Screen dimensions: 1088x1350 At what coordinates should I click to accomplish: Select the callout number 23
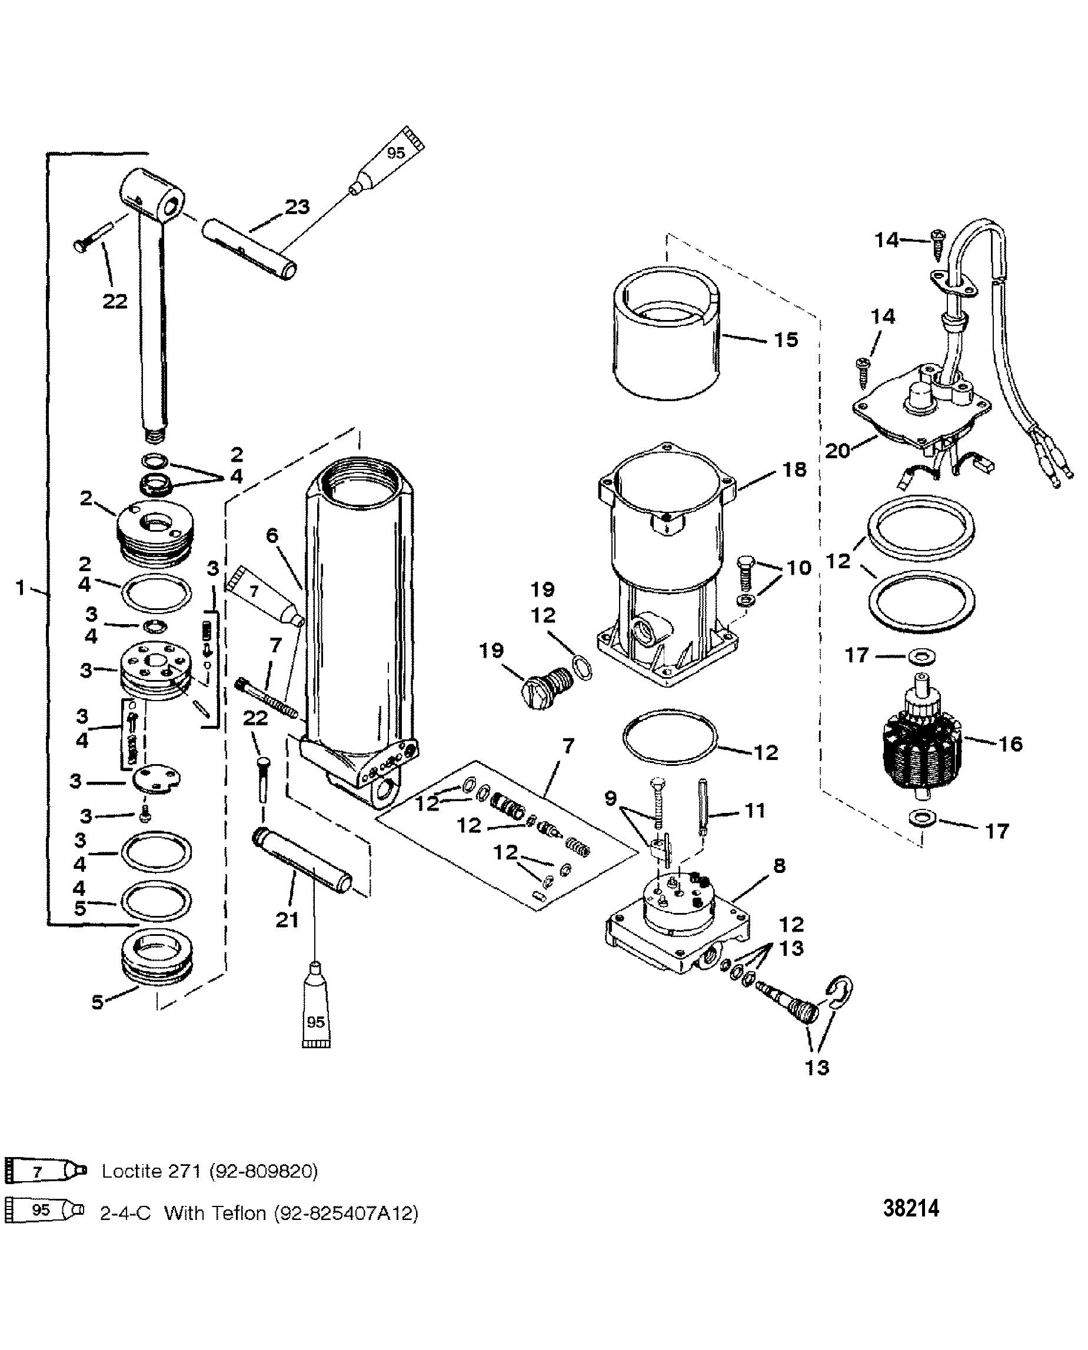(297, 206)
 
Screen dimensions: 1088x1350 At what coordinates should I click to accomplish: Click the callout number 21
(287, 920)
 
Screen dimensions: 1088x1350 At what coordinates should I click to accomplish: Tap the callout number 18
(796, 469)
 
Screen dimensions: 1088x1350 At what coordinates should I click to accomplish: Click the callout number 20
(837, 451)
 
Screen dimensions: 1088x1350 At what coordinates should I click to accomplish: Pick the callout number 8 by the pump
(780, 866)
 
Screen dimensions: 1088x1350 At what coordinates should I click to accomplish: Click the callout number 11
(755, 811)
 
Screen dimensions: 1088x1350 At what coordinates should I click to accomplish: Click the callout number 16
(1010, 744)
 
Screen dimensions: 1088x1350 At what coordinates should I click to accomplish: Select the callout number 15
(786, 339)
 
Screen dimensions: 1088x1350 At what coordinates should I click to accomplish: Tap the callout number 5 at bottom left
(97, 1002)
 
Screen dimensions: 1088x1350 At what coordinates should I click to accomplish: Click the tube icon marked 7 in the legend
(45, 1170)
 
